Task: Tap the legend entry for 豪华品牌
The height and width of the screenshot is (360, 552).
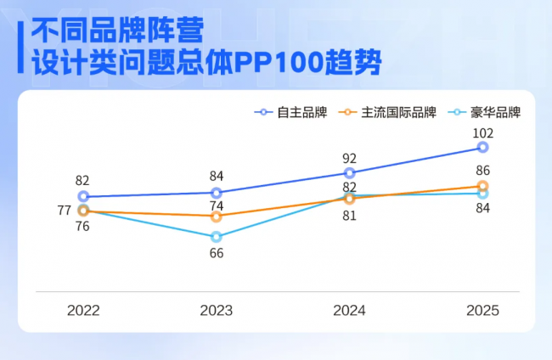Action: click(487, 112)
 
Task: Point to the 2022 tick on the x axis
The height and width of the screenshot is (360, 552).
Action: click(83, 311)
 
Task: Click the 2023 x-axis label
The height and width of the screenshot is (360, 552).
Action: click(217, 311)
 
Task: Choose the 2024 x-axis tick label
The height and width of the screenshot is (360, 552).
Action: click(349, 311)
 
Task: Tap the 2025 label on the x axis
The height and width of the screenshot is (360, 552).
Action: click(482, 311)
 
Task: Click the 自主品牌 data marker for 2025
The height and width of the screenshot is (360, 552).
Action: click(482, 147)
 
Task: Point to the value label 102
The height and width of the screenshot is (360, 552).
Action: click(482, 132)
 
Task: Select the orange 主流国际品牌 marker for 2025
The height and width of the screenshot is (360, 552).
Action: click(482, 186)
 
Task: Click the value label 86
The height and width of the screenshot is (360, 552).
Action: click(482, 171)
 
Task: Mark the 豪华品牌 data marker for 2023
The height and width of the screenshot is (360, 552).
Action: click(217, 237)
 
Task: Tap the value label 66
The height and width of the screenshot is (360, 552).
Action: click(217, 253)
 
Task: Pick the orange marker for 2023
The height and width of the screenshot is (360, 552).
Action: click(217, 217)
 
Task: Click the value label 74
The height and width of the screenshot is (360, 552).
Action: click(217, 205)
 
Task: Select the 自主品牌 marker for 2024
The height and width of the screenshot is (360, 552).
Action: click(349, 173)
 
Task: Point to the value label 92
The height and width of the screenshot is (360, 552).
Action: click(349, 159)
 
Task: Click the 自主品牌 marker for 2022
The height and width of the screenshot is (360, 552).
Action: click(83, 196)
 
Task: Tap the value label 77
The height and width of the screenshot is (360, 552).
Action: click(64, 211)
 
